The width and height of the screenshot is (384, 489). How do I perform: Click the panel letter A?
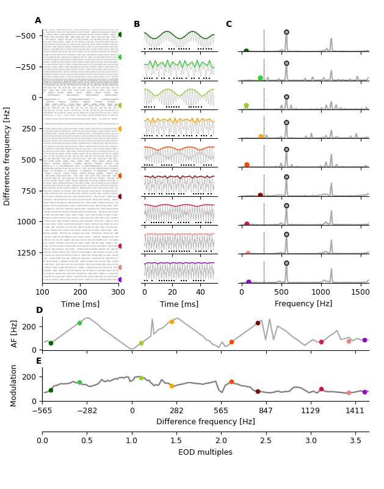(38, 21)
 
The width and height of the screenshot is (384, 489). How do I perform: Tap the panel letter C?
(228, 24)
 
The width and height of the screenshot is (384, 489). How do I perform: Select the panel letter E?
(38, 361)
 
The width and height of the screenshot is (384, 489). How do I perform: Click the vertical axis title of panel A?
(7, 156)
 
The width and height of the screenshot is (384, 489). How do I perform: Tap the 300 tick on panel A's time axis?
(118, 292)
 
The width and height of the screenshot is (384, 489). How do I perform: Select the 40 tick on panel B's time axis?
(200, 292)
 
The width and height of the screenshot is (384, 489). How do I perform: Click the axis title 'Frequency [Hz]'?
(303, 304)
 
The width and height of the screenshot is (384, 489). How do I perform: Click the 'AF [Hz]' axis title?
(15, 334)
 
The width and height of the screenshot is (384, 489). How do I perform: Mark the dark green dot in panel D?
(51, 343)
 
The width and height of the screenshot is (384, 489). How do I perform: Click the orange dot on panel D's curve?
(172, 322)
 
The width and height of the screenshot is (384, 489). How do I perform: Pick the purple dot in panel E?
(364, 392)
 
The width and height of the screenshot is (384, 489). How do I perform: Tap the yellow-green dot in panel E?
(141, 378)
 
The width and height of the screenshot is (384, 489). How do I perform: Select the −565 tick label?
(42, 411)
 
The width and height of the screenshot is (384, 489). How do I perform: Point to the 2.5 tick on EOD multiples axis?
(266, 441)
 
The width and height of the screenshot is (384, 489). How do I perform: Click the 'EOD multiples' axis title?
(205, 452)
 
